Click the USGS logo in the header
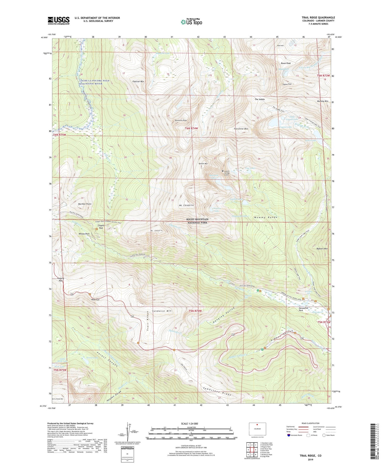pyautogui.click(x=59, y=21)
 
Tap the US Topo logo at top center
pyautogui.click(x=191, y=22)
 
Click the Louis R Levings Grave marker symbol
pyautogui.click(x=223, y=171)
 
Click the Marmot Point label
pyautogui.click(x=85, y=204)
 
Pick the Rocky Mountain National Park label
pyautogui.click(x=198, y=221)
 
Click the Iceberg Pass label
pyautogui.click(x=61, y=279)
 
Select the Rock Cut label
pyautogui.click(x=95, y=299)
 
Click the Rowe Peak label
pyautogui.click(x=285, y=63)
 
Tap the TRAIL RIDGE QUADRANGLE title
pyautogui.click(x=318, y=18)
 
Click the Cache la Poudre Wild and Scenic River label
pyautogui.click(x=94, y=82)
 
